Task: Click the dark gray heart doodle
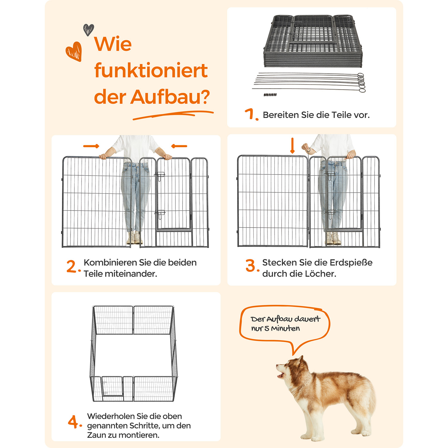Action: [x=88, y=30]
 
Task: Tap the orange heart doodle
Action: [x=74, y=51]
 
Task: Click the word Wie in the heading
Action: [x=113, y=44]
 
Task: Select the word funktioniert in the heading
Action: [x=151, y=71]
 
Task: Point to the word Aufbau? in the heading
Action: [x=170, y=97]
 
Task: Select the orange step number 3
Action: [x=251, y=266]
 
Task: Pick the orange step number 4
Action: [x=73, y=422]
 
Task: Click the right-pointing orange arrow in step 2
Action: [x=91, y=146]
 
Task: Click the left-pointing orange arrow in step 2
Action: [x=179, y=146]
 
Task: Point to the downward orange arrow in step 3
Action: [x=292, y=145]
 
